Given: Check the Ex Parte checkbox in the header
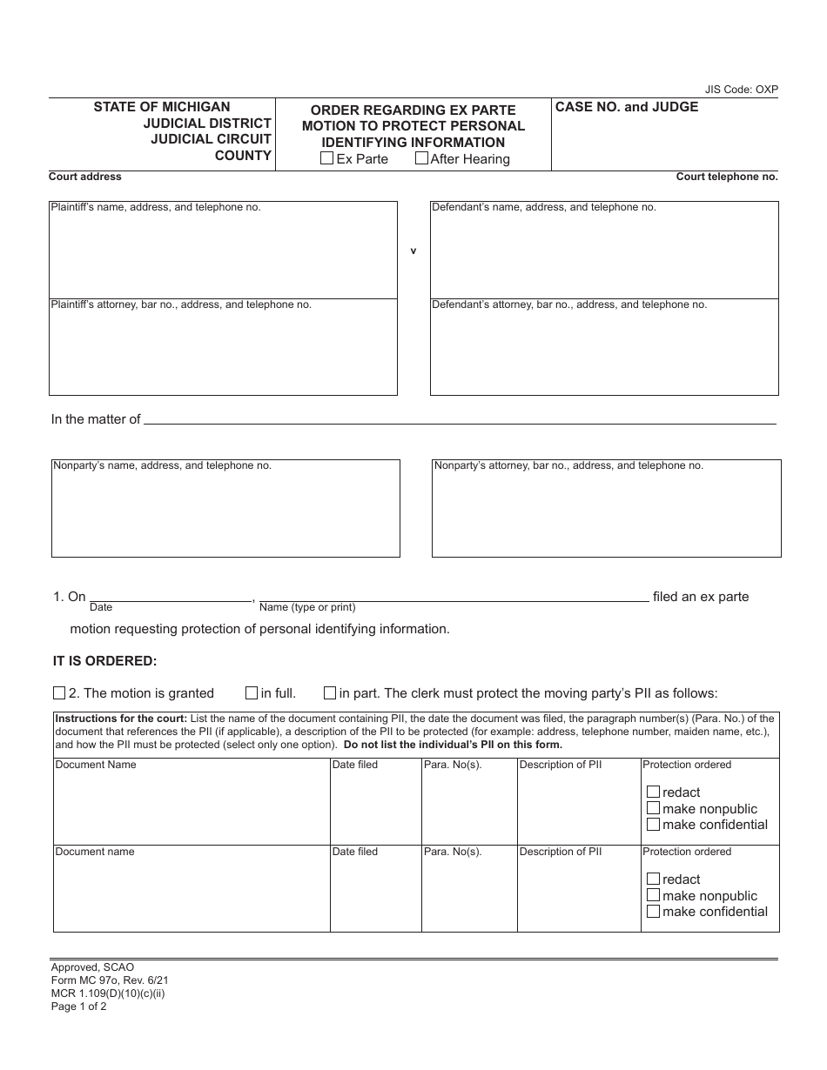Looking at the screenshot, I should tap(326, 158).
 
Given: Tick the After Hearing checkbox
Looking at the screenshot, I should tap(421, 158).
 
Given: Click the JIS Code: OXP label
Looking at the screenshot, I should tap(741, 90).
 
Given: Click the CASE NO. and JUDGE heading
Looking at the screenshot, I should tap(627, 107).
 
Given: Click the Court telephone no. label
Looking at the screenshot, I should tap(726, 177).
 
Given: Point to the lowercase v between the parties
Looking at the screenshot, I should tap(413, 251).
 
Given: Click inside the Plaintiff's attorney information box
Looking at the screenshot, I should tap(223, 351).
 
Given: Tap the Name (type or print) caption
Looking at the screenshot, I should tap(307, 607).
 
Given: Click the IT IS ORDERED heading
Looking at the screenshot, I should tap(104, 661).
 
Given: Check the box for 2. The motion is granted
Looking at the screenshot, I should tap(59, 693).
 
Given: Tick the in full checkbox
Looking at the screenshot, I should tap(252, 693).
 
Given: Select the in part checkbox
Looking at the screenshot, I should tap(330, 693).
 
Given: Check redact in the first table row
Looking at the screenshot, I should tap(653, 792).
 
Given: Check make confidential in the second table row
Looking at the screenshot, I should tap(653, 912).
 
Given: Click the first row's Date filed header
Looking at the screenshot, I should tap(355, 765).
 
